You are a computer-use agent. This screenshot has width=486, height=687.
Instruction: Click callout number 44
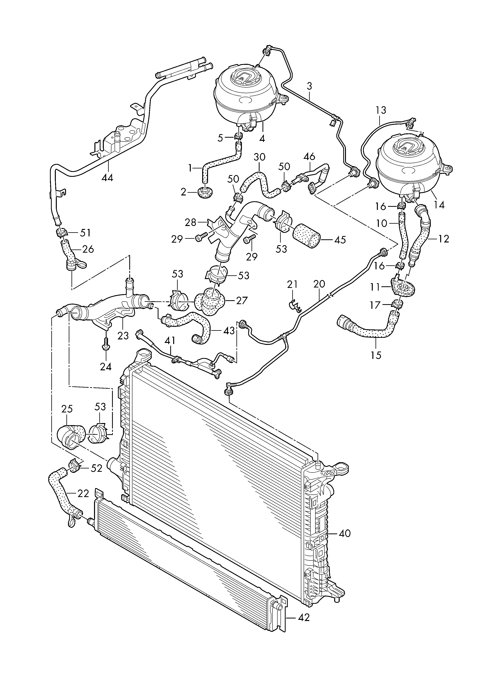(x=107, y=178)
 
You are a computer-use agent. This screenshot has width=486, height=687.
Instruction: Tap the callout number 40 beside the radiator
(x=345, y=533)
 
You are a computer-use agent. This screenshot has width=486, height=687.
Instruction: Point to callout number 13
(x=381, y=110)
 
